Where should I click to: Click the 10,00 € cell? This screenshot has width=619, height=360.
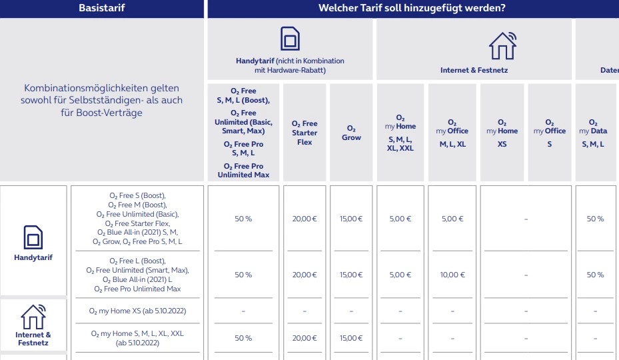(452, 275)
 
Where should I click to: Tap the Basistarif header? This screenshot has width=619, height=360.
(102, 8)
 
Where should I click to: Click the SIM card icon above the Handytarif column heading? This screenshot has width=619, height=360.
(290, 39)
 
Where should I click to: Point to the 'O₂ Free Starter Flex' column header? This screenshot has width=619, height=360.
(305, 133)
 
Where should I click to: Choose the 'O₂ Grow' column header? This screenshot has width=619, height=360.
(351, 133)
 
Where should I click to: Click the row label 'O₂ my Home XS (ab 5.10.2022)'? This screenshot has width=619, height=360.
(137, 311)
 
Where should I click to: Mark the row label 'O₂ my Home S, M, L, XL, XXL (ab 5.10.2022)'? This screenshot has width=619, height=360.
(137, 338)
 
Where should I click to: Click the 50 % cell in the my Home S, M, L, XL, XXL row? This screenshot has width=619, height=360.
(243, 338)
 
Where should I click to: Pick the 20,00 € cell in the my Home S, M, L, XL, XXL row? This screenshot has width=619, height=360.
(305, 338)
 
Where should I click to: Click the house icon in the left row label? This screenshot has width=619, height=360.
(33, 317)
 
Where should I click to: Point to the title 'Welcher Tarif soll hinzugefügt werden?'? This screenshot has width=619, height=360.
(412, 8)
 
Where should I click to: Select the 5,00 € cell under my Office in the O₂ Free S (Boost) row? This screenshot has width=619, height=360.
(452, 219)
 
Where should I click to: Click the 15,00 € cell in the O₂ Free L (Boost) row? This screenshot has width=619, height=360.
(351, 275)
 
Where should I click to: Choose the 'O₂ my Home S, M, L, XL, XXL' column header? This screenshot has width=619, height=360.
(400, 133)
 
